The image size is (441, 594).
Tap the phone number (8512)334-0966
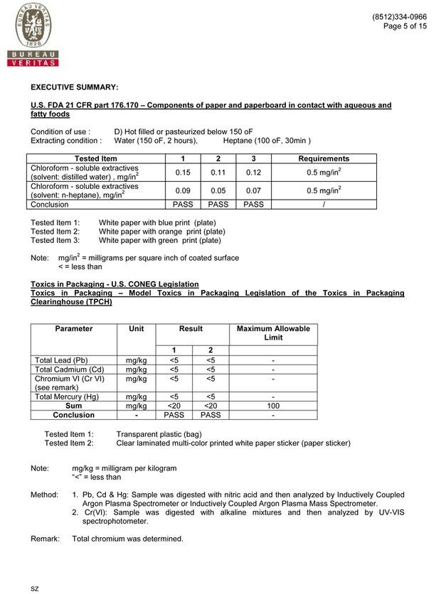click(399, 16)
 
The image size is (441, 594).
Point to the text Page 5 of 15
click(405, 26)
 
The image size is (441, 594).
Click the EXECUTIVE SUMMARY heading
click(74, 87)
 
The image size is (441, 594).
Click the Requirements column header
click(324, 158)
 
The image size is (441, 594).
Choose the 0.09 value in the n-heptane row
click(183, 190)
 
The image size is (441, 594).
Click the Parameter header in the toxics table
click(74, 329)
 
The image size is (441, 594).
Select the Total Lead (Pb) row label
click(61, 360)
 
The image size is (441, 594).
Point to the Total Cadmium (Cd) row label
click(69, 369)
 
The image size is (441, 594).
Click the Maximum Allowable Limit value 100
click(273, 406)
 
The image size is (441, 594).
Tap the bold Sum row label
click(74, 406)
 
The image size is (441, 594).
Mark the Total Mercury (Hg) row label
click(67, 396)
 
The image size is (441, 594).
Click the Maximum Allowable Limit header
click(273, 333)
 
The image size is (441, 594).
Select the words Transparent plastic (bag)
click(159, 434)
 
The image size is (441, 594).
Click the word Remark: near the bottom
click(45, 539)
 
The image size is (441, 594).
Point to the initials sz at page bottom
click(34, 588)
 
